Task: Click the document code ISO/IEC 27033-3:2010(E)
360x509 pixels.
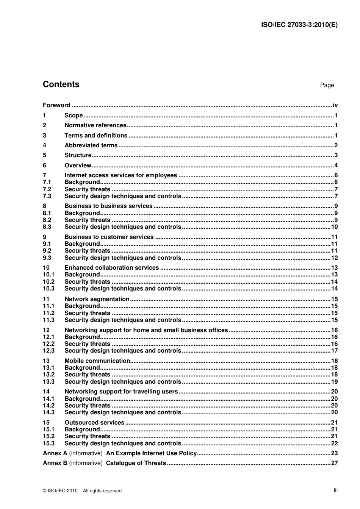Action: pos(299,25)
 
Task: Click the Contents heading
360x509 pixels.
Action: pos(61,84)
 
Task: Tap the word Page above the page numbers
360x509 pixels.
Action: pos(327,85)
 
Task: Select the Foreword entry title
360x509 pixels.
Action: pos(56,105)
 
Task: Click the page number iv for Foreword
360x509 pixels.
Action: pos(335,105)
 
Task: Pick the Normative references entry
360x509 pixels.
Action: pos(95,125)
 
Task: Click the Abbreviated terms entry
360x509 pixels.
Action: pos(91,145)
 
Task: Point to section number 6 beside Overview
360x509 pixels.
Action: pos(45,166)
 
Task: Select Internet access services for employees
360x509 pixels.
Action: pos(121,175)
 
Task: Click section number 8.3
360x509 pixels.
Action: pos(47,227)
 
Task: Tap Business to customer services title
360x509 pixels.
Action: pos(109,237)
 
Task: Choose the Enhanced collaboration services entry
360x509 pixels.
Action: pos(112,268)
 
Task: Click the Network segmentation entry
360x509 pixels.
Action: pos(97,299)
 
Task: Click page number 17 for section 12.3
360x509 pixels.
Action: pos(334,351)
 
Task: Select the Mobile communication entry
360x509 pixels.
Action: pos(97,361)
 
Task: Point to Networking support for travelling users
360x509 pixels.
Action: pos(121,392)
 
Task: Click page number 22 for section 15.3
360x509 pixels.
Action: pos(334,443)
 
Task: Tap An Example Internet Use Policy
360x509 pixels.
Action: pos(152,453)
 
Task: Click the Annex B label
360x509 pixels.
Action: pos(55,463)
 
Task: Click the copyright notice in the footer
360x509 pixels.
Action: pos(82,491)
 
